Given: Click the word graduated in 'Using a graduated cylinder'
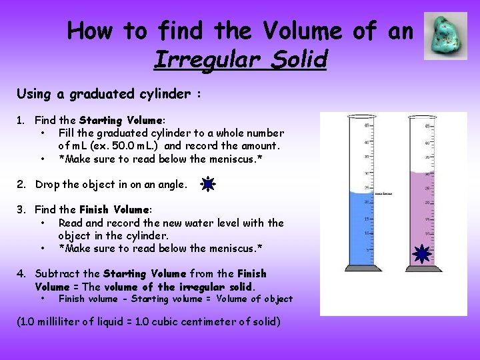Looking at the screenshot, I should click(106, 94).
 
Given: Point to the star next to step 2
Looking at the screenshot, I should click(209, 184).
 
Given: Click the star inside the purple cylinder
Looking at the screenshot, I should click(421, 253).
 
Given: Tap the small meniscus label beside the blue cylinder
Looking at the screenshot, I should click(383, 193).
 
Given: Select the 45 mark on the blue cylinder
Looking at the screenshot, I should click(367, 125).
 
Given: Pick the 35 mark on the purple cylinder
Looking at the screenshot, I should click(427, 157).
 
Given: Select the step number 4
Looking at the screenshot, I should click(21, 273).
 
